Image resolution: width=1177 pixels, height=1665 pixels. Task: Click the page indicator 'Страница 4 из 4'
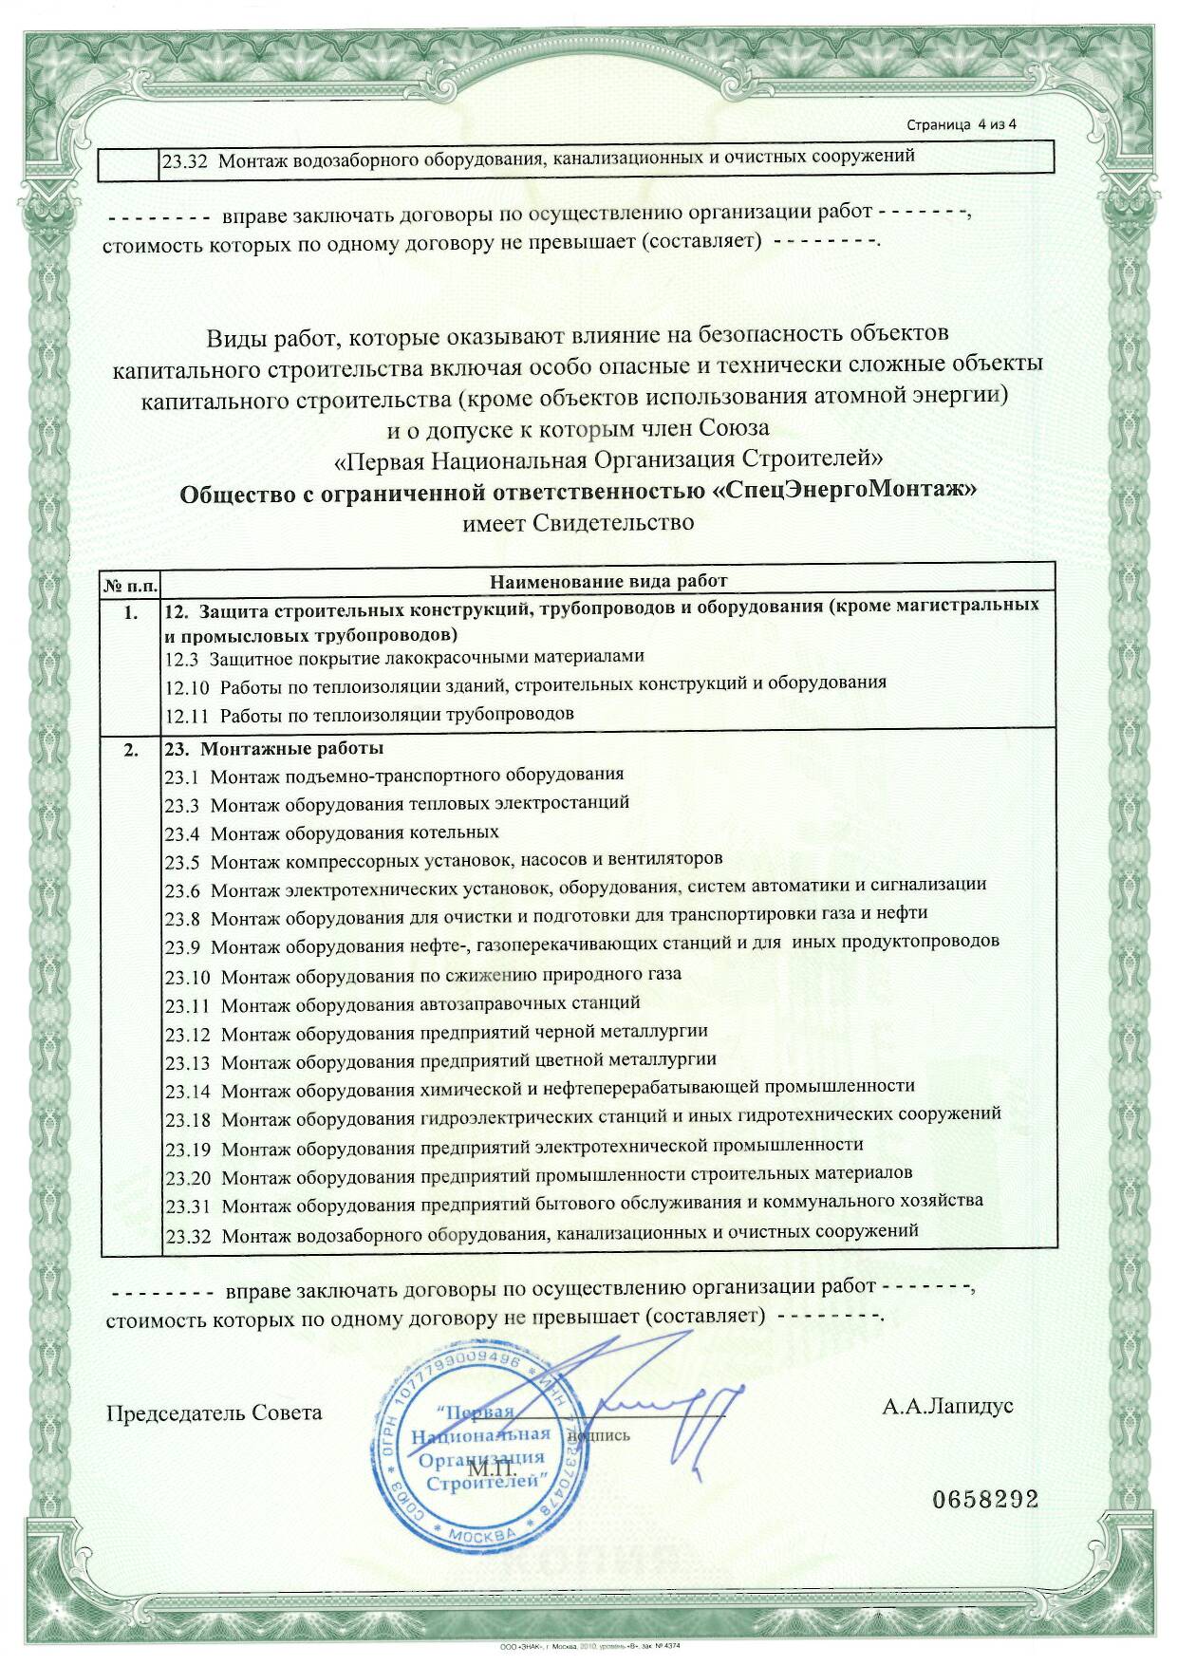(x=962, y=124)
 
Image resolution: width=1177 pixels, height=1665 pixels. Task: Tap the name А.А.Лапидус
(x=947, y=1406)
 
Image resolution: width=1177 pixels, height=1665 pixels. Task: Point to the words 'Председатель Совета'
(x=214, y=1412)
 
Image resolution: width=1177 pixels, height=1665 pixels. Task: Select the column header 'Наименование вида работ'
(x=607, y=581)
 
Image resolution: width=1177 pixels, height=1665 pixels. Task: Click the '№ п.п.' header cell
(x=131, y=582)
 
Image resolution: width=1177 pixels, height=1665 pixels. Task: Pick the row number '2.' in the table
(x=131, y=750)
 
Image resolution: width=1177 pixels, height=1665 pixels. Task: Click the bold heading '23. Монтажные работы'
(x=274, y=748)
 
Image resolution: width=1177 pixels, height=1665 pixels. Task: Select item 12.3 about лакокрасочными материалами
(x=404, y=656)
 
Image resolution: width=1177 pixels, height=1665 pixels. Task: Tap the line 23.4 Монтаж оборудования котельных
(x=331, y=832)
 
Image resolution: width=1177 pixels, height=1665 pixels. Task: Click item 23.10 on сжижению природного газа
(x=423, y=975)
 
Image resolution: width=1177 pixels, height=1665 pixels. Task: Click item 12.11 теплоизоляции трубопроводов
(x=369, y=713)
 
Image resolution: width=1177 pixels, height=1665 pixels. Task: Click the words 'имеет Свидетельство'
(x=578, y=522)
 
